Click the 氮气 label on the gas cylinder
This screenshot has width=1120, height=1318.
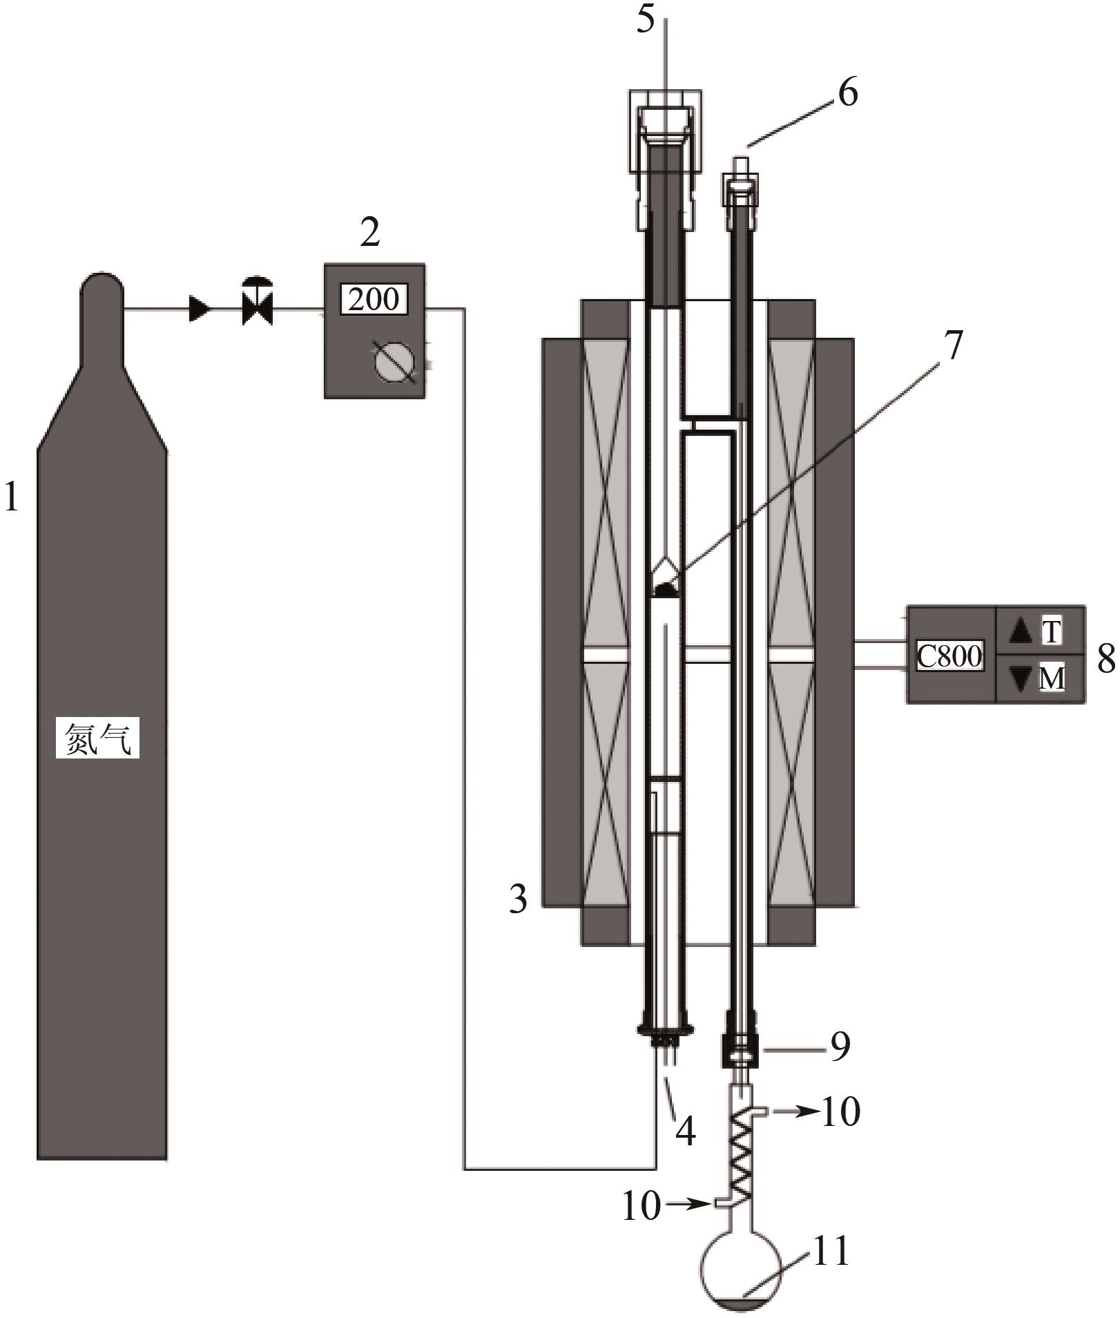click(x=97, y=740)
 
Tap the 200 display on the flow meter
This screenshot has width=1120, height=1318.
click(x=374, y=299)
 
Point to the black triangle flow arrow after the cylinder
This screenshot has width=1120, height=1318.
click(x=200, y=309)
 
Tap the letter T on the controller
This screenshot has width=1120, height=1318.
click(x=1051, y=631)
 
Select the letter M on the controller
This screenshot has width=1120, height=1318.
click(x=1052, y=679)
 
